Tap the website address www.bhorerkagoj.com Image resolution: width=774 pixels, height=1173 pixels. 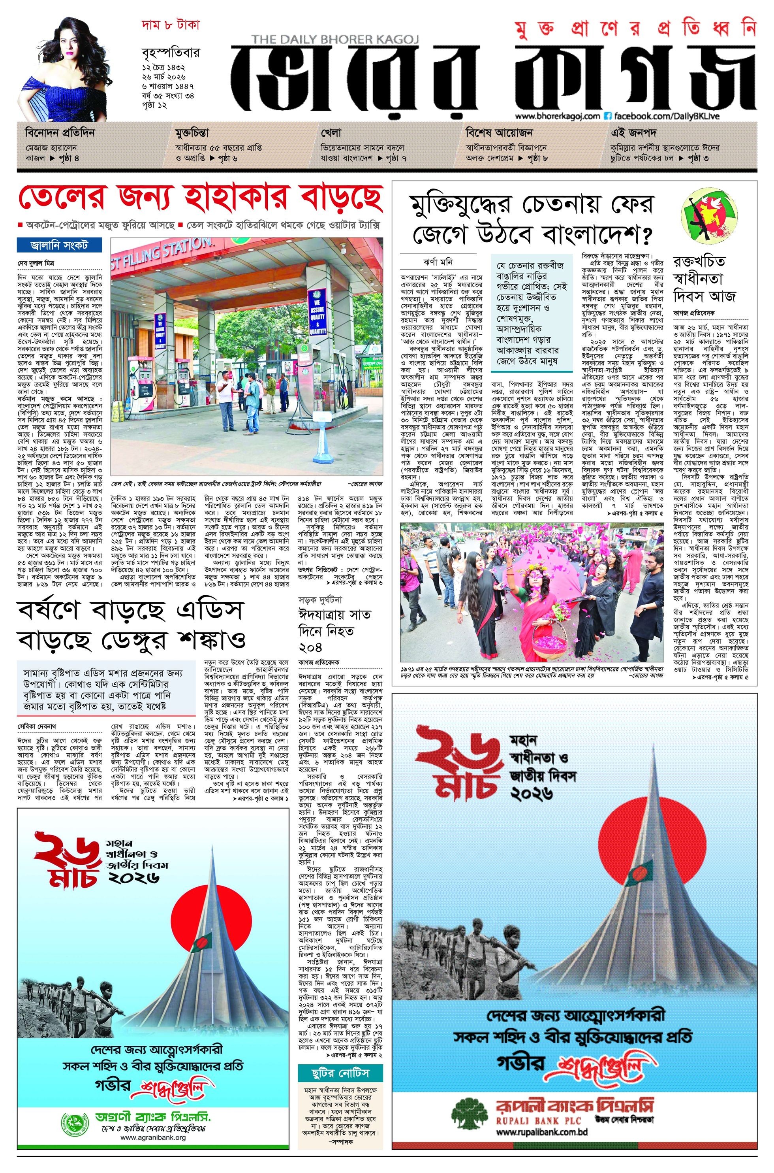557,116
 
